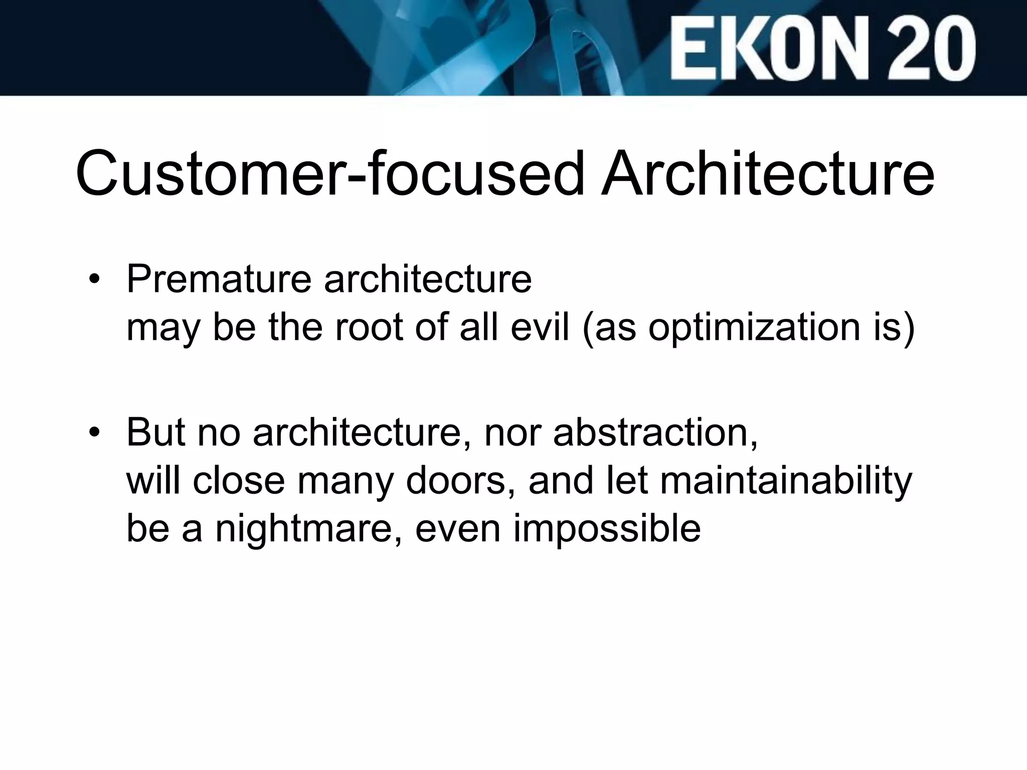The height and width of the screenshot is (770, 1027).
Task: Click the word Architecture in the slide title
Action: [x=768, y=173]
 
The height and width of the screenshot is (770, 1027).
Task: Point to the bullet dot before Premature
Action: [x=94, y=280]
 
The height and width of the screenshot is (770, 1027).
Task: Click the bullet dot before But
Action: [x=94, y=433]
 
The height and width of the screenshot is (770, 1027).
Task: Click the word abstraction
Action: [x=654, y=432]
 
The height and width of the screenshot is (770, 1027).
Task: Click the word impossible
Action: [x=607, y=529]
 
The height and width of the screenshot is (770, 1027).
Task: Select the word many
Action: [x=346, y=481]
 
